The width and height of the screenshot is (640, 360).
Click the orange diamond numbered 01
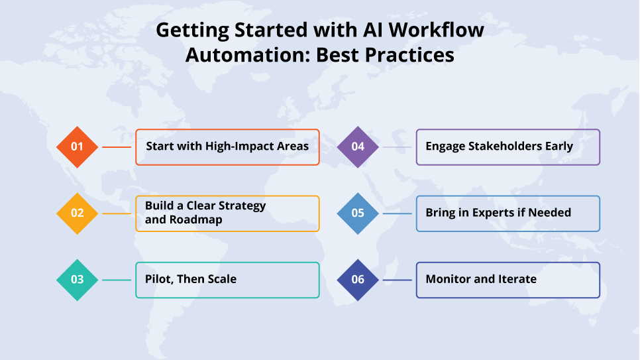tap(78, 147)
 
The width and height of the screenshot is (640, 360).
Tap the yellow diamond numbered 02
tap(78, 213)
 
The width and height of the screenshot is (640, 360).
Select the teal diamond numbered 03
tap(78, 280)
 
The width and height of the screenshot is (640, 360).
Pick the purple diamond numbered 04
tap(358, 147)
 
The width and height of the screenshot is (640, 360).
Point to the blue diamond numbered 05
tap(358, 213)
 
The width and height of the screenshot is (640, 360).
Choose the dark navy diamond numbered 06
tap(358, 280)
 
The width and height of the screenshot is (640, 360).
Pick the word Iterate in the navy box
tap(514, 279)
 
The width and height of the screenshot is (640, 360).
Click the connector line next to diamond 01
tap(117, 147)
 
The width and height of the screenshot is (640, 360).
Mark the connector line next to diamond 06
tap(398, 280)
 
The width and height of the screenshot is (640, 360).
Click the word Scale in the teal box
tap(219, 279)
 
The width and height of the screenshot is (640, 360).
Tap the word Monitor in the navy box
tap(447, 279)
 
